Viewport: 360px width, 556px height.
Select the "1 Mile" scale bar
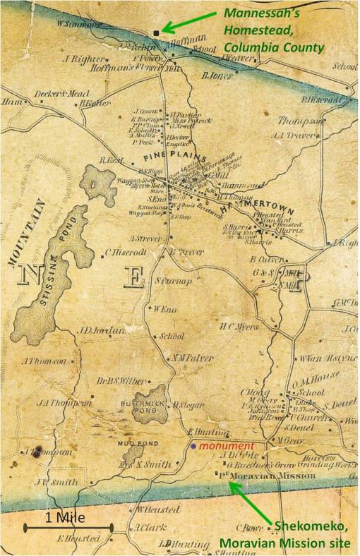(x=68, y=525)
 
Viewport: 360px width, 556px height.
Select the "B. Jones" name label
(x=218, y=75)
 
